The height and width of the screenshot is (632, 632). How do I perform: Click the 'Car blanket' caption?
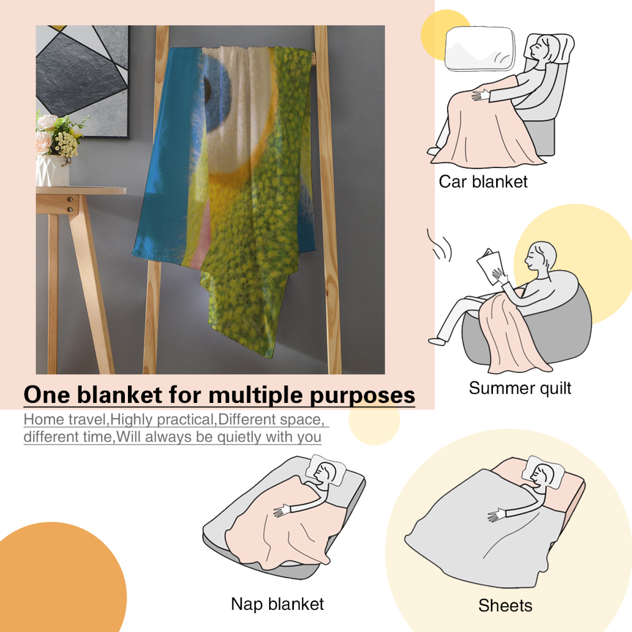pos(483,182)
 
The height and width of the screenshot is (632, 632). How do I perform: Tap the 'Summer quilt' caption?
pos(520,388)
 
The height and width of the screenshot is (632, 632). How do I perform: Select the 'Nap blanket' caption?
pos(277,604)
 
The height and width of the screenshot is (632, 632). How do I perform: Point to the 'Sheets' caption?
pos(505,606)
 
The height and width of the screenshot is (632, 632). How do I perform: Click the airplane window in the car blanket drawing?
pos(480,49)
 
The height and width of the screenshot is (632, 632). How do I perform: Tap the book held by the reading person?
pos(490,267)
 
